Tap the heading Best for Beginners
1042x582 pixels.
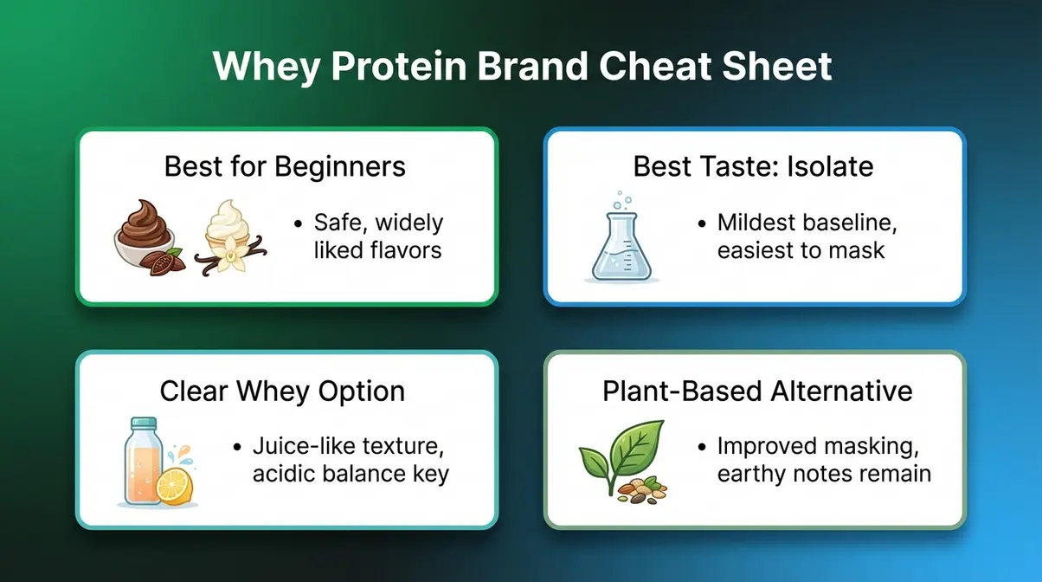coord(285,165)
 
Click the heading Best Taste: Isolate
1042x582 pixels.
coord(753,165)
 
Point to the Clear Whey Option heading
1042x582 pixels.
coord(282,391)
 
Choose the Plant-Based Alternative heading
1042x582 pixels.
coord(757,391)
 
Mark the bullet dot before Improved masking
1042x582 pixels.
coord(703,448)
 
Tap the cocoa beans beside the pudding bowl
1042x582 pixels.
coord(164,262)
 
